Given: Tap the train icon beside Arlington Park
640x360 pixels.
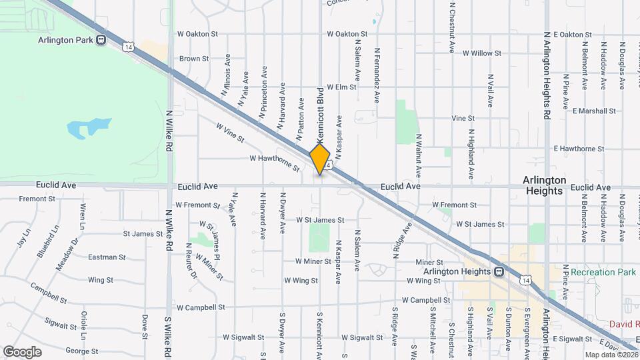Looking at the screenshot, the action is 101,39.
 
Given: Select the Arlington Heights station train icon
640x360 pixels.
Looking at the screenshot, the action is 498,271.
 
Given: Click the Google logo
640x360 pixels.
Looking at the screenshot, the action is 22,351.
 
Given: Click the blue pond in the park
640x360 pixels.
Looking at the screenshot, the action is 89,127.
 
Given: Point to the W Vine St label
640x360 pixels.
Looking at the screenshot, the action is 231,131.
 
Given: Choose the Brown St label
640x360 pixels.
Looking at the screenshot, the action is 194,59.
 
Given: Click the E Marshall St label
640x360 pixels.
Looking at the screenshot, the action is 596,111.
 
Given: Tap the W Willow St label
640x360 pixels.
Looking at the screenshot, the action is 481,53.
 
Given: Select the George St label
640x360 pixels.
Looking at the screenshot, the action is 81,351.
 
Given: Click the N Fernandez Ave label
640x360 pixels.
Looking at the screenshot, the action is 377,75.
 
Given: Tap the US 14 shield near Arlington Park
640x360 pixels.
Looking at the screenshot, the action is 127,46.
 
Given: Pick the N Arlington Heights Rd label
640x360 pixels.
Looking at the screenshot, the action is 547,74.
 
